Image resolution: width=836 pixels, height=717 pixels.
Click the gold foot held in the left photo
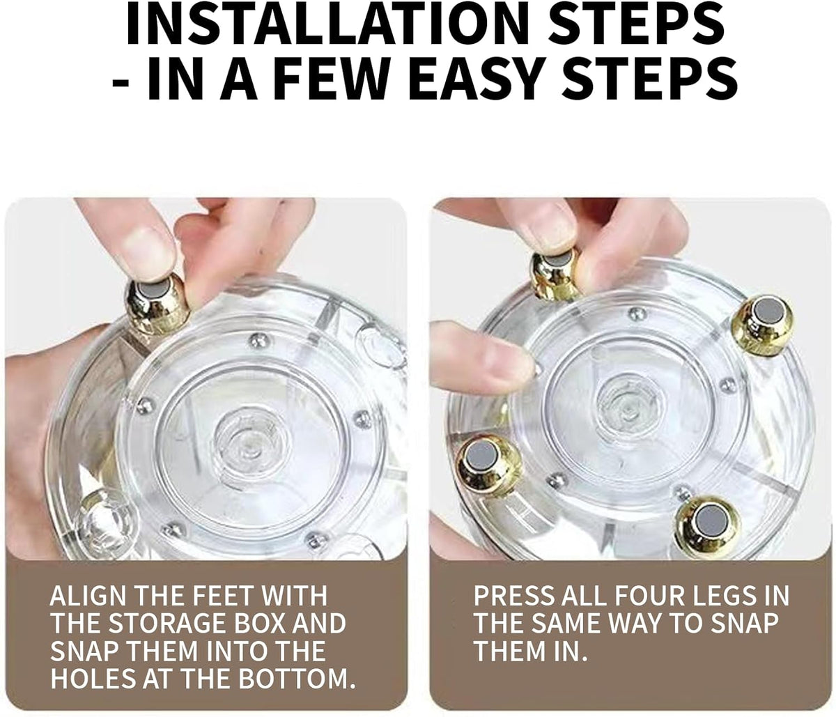coord(157,306)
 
